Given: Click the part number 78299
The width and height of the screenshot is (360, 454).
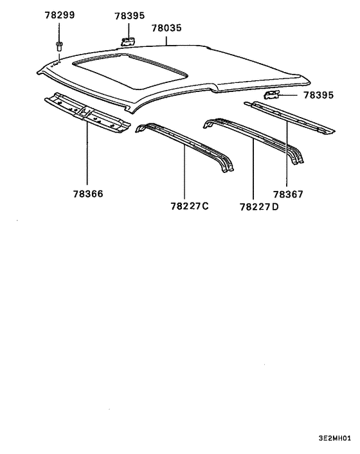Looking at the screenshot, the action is coord(60,15).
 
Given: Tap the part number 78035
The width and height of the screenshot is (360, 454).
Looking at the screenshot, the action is coord(166,28).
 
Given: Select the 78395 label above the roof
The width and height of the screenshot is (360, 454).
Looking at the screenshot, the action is coord(130,16).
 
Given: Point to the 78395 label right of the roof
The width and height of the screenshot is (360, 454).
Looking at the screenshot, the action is coord(319,95).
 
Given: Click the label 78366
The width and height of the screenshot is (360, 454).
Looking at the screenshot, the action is coord(88,194).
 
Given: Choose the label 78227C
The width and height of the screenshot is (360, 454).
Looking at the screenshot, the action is coord(190,206).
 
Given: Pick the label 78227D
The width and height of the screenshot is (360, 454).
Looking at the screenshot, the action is coord(259,207).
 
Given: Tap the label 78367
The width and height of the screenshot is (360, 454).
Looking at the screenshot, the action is coord(288,194).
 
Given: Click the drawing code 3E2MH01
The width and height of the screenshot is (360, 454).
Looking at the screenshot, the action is coord(335,438).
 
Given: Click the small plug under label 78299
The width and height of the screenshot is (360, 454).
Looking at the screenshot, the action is coord(59,46).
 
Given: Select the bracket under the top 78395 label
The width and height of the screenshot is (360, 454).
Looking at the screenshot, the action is coord(128,42).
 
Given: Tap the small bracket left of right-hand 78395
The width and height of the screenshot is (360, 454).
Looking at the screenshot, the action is coord(271,95).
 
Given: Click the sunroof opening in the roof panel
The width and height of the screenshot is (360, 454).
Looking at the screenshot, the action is coord(130,71).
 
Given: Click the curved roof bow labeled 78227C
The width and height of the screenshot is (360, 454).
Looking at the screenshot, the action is coord(184,147).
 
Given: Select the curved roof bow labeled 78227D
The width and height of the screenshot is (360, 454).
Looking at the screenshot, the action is coord(253,140).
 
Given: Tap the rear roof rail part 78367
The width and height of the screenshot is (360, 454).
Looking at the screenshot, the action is coord(289,118).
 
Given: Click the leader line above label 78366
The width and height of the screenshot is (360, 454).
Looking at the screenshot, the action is coord(87,154).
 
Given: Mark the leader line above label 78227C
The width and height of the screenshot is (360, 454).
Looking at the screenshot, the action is coord(184,172).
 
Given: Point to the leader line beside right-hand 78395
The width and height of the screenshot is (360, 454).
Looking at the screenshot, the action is coord(288,95).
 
